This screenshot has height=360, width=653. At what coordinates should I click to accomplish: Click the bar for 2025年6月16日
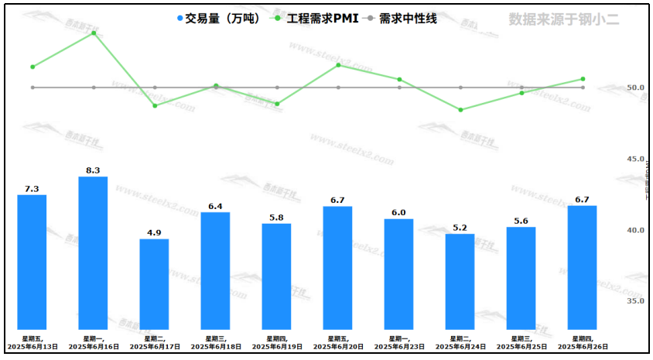click(x=93, y=252)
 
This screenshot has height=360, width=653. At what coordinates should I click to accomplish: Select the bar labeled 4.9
click(x=154, y=283)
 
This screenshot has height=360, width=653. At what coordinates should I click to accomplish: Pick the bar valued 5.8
click(x=276, y=276)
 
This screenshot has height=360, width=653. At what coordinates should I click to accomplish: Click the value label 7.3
click(x=32, y=189)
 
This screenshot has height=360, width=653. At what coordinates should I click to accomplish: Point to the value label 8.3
click(x=93, y=170)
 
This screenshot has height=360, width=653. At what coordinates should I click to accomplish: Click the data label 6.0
click(x=399, y=213)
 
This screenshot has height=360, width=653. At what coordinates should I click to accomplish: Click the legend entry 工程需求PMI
click(x=313, y=19)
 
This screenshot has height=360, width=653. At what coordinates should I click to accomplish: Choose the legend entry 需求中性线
click(x=402, y=19)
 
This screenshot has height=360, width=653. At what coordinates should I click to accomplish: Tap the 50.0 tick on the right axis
click(x=614, y=87)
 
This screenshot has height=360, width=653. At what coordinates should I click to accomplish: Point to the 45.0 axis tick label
click(x=614, y=159)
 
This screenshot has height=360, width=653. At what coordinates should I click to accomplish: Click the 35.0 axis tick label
click(x=614, y=301)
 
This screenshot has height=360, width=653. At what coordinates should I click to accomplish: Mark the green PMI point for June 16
click(x=94, y=33)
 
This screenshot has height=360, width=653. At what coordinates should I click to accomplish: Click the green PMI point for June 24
click(x=460, y=110)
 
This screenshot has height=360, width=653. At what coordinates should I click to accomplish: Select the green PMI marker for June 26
click(x=583, y=79)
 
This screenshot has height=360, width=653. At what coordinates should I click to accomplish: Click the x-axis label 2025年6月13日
click(x=32, y=347)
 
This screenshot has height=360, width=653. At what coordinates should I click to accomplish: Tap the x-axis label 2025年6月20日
click(x=338, y=347)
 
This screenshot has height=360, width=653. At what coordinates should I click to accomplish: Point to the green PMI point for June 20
click(x=338, y=65)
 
